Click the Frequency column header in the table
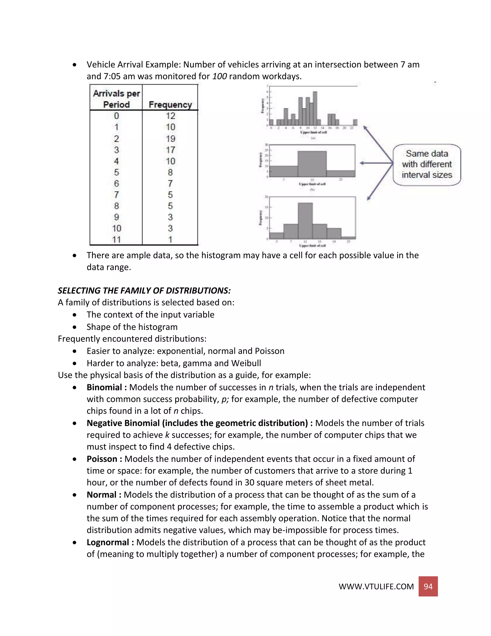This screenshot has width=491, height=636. pos(170,105)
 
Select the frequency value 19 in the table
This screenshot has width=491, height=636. pos(170,139)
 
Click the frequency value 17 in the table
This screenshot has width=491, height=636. pos(170,150)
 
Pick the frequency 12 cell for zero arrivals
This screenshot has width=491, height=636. pos(170,116)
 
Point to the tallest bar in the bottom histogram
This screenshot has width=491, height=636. pos(305,221)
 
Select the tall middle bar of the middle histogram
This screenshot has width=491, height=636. pos(312,164)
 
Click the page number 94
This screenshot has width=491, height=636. pos(428,586)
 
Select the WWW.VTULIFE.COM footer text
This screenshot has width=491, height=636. pos(376,587)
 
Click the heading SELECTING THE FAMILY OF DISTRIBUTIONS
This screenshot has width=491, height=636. pos(144,291)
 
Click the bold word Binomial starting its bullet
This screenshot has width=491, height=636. pos(104,387)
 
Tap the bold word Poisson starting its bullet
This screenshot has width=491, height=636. pos(102,459)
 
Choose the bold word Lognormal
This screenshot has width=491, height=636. pos(108,542)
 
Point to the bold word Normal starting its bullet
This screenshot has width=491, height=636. pos(101,495)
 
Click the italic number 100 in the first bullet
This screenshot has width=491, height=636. pos(219,76)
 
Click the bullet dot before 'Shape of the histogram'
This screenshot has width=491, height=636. pos(75,327)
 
